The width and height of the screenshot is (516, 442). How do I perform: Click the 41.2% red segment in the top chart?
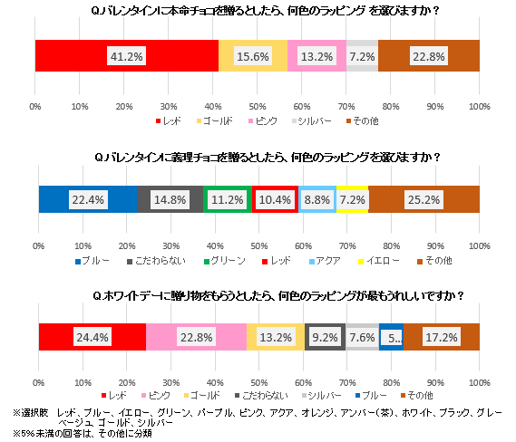[126, 56]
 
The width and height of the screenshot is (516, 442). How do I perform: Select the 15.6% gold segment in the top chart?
[253, 56]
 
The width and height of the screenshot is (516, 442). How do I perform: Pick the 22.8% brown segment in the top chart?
[428, 56]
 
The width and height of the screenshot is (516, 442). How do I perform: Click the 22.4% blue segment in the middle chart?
[87, 198]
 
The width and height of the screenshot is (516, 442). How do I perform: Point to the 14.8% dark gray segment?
[170, 198]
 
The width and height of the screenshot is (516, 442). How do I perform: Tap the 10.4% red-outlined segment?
[275, 198]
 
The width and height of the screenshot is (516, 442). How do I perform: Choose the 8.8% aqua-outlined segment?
[317, 198]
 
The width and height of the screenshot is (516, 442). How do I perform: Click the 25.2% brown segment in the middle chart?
[424, 198]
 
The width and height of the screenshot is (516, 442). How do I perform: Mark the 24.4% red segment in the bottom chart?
[92, 336]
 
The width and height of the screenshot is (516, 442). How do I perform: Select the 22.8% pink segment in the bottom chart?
[196, 336]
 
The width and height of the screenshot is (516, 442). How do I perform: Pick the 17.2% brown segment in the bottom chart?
[442, 336]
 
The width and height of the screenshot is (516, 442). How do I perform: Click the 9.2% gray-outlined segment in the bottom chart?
[325, 336]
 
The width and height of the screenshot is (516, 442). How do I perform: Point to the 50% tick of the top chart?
[258, 108]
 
